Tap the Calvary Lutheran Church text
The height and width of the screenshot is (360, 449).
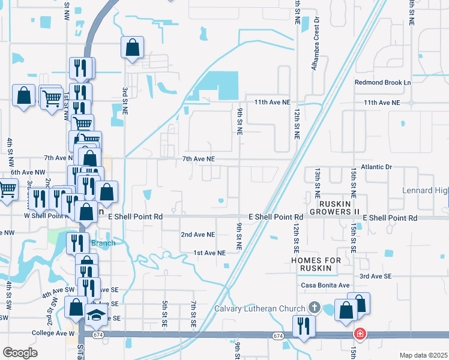pos(261,309)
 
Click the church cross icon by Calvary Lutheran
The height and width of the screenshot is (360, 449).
pos(313,308)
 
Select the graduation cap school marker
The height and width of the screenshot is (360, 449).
pos(95,316)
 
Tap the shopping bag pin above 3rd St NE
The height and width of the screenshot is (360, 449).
pos(132,47)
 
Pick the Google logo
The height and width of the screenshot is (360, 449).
pos(20,352)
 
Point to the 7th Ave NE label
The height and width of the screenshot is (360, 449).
pos(198,159)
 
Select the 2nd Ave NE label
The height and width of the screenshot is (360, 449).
pos(197,235)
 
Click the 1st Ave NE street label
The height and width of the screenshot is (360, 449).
pos(209,253)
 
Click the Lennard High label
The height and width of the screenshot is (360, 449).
pos(426,190)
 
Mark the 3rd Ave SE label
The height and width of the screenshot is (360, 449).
pos(375,276)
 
